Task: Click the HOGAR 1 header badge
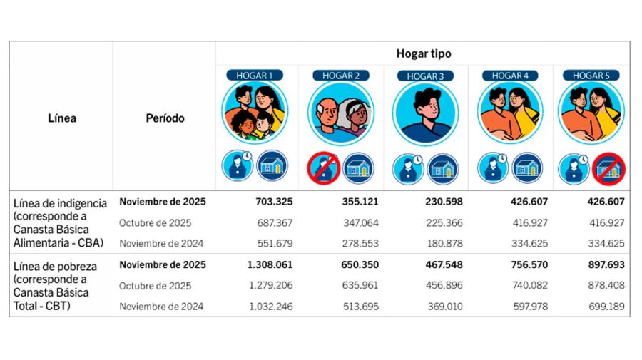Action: pos(255,75)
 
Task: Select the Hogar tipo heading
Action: pos(424,53)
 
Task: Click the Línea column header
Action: pos(62,118)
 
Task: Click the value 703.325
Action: pos(274,202)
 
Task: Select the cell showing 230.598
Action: pos(443,202)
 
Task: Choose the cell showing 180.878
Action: pos(444,243)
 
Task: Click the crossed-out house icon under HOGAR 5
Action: pos(610,169)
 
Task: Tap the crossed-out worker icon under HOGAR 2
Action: pos(322,169)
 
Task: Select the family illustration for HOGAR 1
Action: pos(254,112)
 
